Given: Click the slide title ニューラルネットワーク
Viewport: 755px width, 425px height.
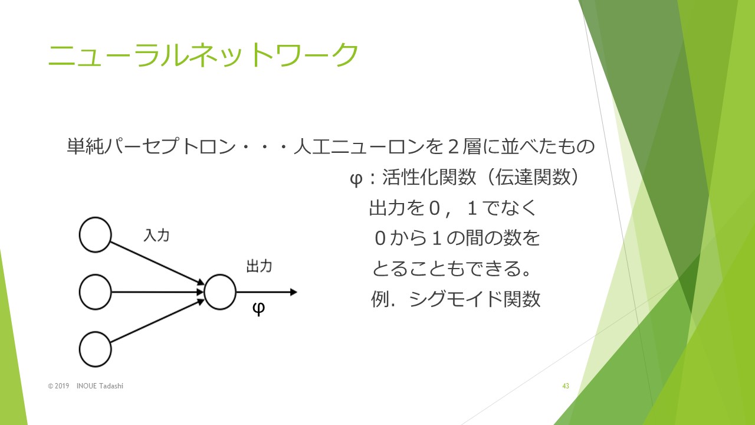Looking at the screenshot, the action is point(203,55).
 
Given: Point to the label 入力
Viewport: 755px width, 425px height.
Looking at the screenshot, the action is point(156,236).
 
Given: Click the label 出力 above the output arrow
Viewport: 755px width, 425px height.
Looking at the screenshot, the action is point(259,266).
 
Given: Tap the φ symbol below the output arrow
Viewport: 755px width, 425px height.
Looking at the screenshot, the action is point(258,308).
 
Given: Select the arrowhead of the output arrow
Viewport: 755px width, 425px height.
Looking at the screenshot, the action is point(294,292).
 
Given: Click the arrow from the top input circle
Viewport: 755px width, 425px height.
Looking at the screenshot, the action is point(157,263).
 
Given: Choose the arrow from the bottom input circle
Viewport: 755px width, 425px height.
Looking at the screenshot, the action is point(157,321).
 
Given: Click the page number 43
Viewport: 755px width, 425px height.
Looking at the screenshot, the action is point(566,386).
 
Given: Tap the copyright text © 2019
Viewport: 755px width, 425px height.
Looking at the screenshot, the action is point(58,386).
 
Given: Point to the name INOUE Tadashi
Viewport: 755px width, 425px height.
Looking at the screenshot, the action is point(100,386).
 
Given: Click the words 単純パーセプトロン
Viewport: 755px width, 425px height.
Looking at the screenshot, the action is point(151,146).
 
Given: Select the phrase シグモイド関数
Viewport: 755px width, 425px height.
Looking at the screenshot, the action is point(475,299).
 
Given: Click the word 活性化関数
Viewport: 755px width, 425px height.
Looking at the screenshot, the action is point(429,177).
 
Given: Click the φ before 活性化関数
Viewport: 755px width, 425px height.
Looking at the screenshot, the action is point(356,179).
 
